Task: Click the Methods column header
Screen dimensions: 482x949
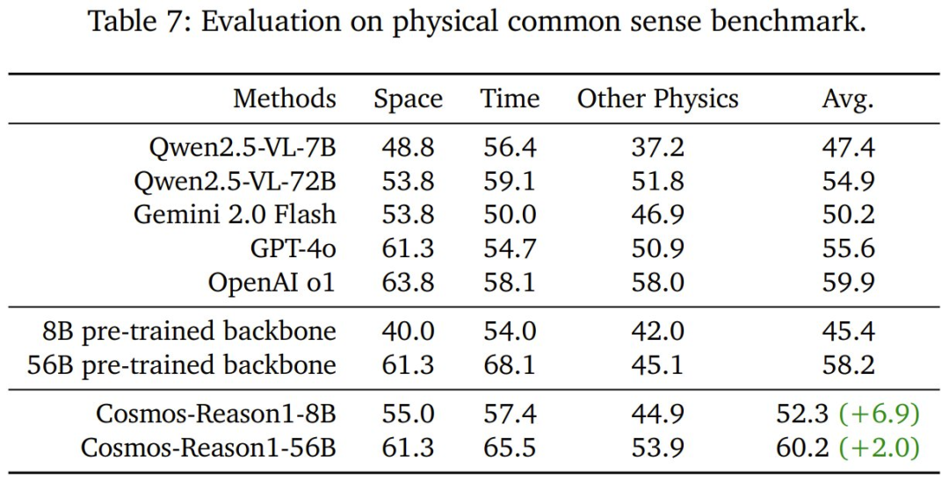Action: click(284, 98)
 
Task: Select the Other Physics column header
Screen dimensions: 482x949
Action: click(657, 98)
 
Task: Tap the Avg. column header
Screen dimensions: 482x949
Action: click(848, 98)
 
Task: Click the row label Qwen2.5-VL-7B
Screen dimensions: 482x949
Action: click(242, 148)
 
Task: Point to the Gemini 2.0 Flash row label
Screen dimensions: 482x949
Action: click(235, 214)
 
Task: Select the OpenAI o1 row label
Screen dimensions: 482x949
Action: click(272, 281)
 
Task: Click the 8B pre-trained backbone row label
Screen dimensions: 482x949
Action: click(189, 332)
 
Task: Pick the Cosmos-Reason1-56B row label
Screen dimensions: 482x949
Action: click(208, 448)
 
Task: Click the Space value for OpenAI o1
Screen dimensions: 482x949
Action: click(408, 281)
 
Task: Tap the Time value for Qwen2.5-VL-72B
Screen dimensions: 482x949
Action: click(510, 182)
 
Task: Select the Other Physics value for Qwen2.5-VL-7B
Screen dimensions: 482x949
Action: click(657, 148)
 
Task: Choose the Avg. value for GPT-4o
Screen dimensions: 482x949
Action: click(848, 248)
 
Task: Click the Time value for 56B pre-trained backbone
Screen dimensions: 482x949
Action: click(510, 364)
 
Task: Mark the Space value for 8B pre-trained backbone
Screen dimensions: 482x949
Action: click(408, 332)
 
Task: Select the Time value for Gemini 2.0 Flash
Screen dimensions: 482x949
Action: click(510, 214)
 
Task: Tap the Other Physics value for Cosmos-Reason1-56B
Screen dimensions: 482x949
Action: click(657, 448)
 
